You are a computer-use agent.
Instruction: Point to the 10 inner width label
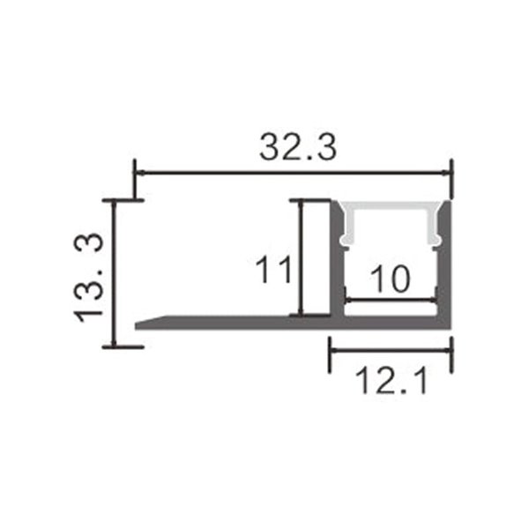389,279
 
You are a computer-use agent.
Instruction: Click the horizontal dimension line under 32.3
291,173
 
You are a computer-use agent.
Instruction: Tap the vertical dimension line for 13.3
114,273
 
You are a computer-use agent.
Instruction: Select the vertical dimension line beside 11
302,257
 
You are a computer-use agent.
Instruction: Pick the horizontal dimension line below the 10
390,300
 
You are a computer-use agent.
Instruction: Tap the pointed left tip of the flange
138,323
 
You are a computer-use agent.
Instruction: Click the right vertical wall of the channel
446,264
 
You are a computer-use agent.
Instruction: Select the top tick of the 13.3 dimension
122,200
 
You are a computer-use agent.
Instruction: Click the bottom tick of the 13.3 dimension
122,346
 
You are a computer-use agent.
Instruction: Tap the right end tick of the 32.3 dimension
451,176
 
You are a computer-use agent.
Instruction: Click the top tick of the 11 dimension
310,200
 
